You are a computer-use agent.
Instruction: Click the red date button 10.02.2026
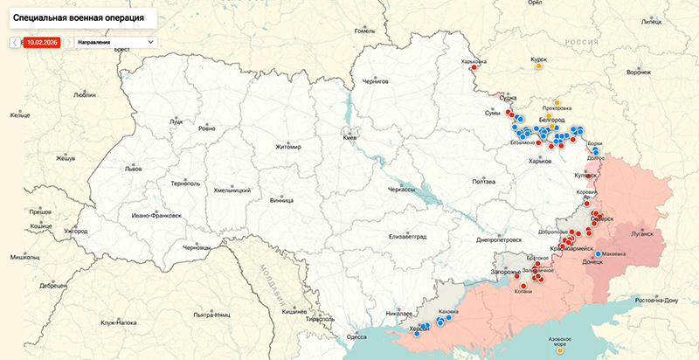(x=42, y=41)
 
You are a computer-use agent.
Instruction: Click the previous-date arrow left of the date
(x=14, y=41)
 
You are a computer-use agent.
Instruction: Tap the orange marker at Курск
(x=539, y=66)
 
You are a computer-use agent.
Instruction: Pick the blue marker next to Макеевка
(x=598, y=254)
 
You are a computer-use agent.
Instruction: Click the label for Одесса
(x=356, y=336)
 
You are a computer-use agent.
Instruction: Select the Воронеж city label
(x=639, y=73)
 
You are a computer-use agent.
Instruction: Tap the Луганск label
(x=641, y=234)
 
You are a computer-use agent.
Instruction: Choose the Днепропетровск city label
(x=499, y=239)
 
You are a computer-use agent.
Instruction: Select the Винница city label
(x=282, y=198)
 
